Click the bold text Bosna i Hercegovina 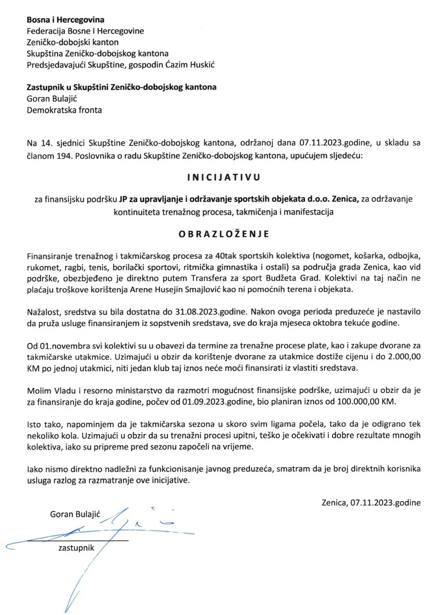click(66, 20)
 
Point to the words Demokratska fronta click(64, 110)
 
